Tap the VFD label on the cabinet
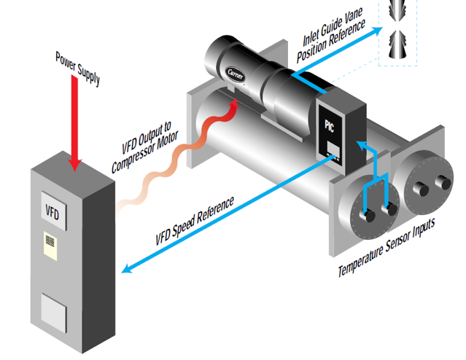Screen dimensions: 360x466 pyautogui.click(x=50, y=211)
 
